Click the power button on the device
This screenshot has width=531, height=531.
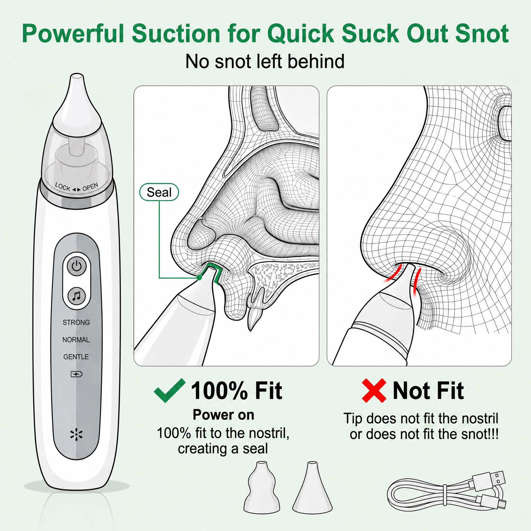(77, 266)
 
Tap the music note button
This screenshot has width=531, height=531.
(77, 296)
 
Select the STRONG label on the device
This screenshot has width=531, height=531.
(76, 323)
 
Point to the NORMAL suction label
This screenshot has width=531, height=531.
(76, 340)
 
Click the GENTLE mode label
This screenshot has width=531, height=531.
(76, 357)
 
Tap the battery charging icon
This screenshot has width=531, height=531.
(76, 374)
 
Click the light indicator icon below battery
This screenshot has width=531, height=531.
(76, 434)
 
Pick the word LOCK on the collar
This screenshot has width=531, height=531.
(63, 187)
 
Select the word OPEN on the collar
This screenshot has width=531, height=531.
(90, 187)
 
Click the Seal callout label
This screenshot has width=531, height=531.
(159, 192)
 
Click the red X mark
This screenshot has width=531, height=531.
(374, 390)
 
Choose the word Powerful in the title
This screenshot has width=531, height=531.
(73, 34)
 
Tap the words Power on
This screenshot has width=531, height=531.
(223, 415)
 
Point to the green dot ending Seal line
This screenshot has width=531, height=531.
(199, 278)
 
